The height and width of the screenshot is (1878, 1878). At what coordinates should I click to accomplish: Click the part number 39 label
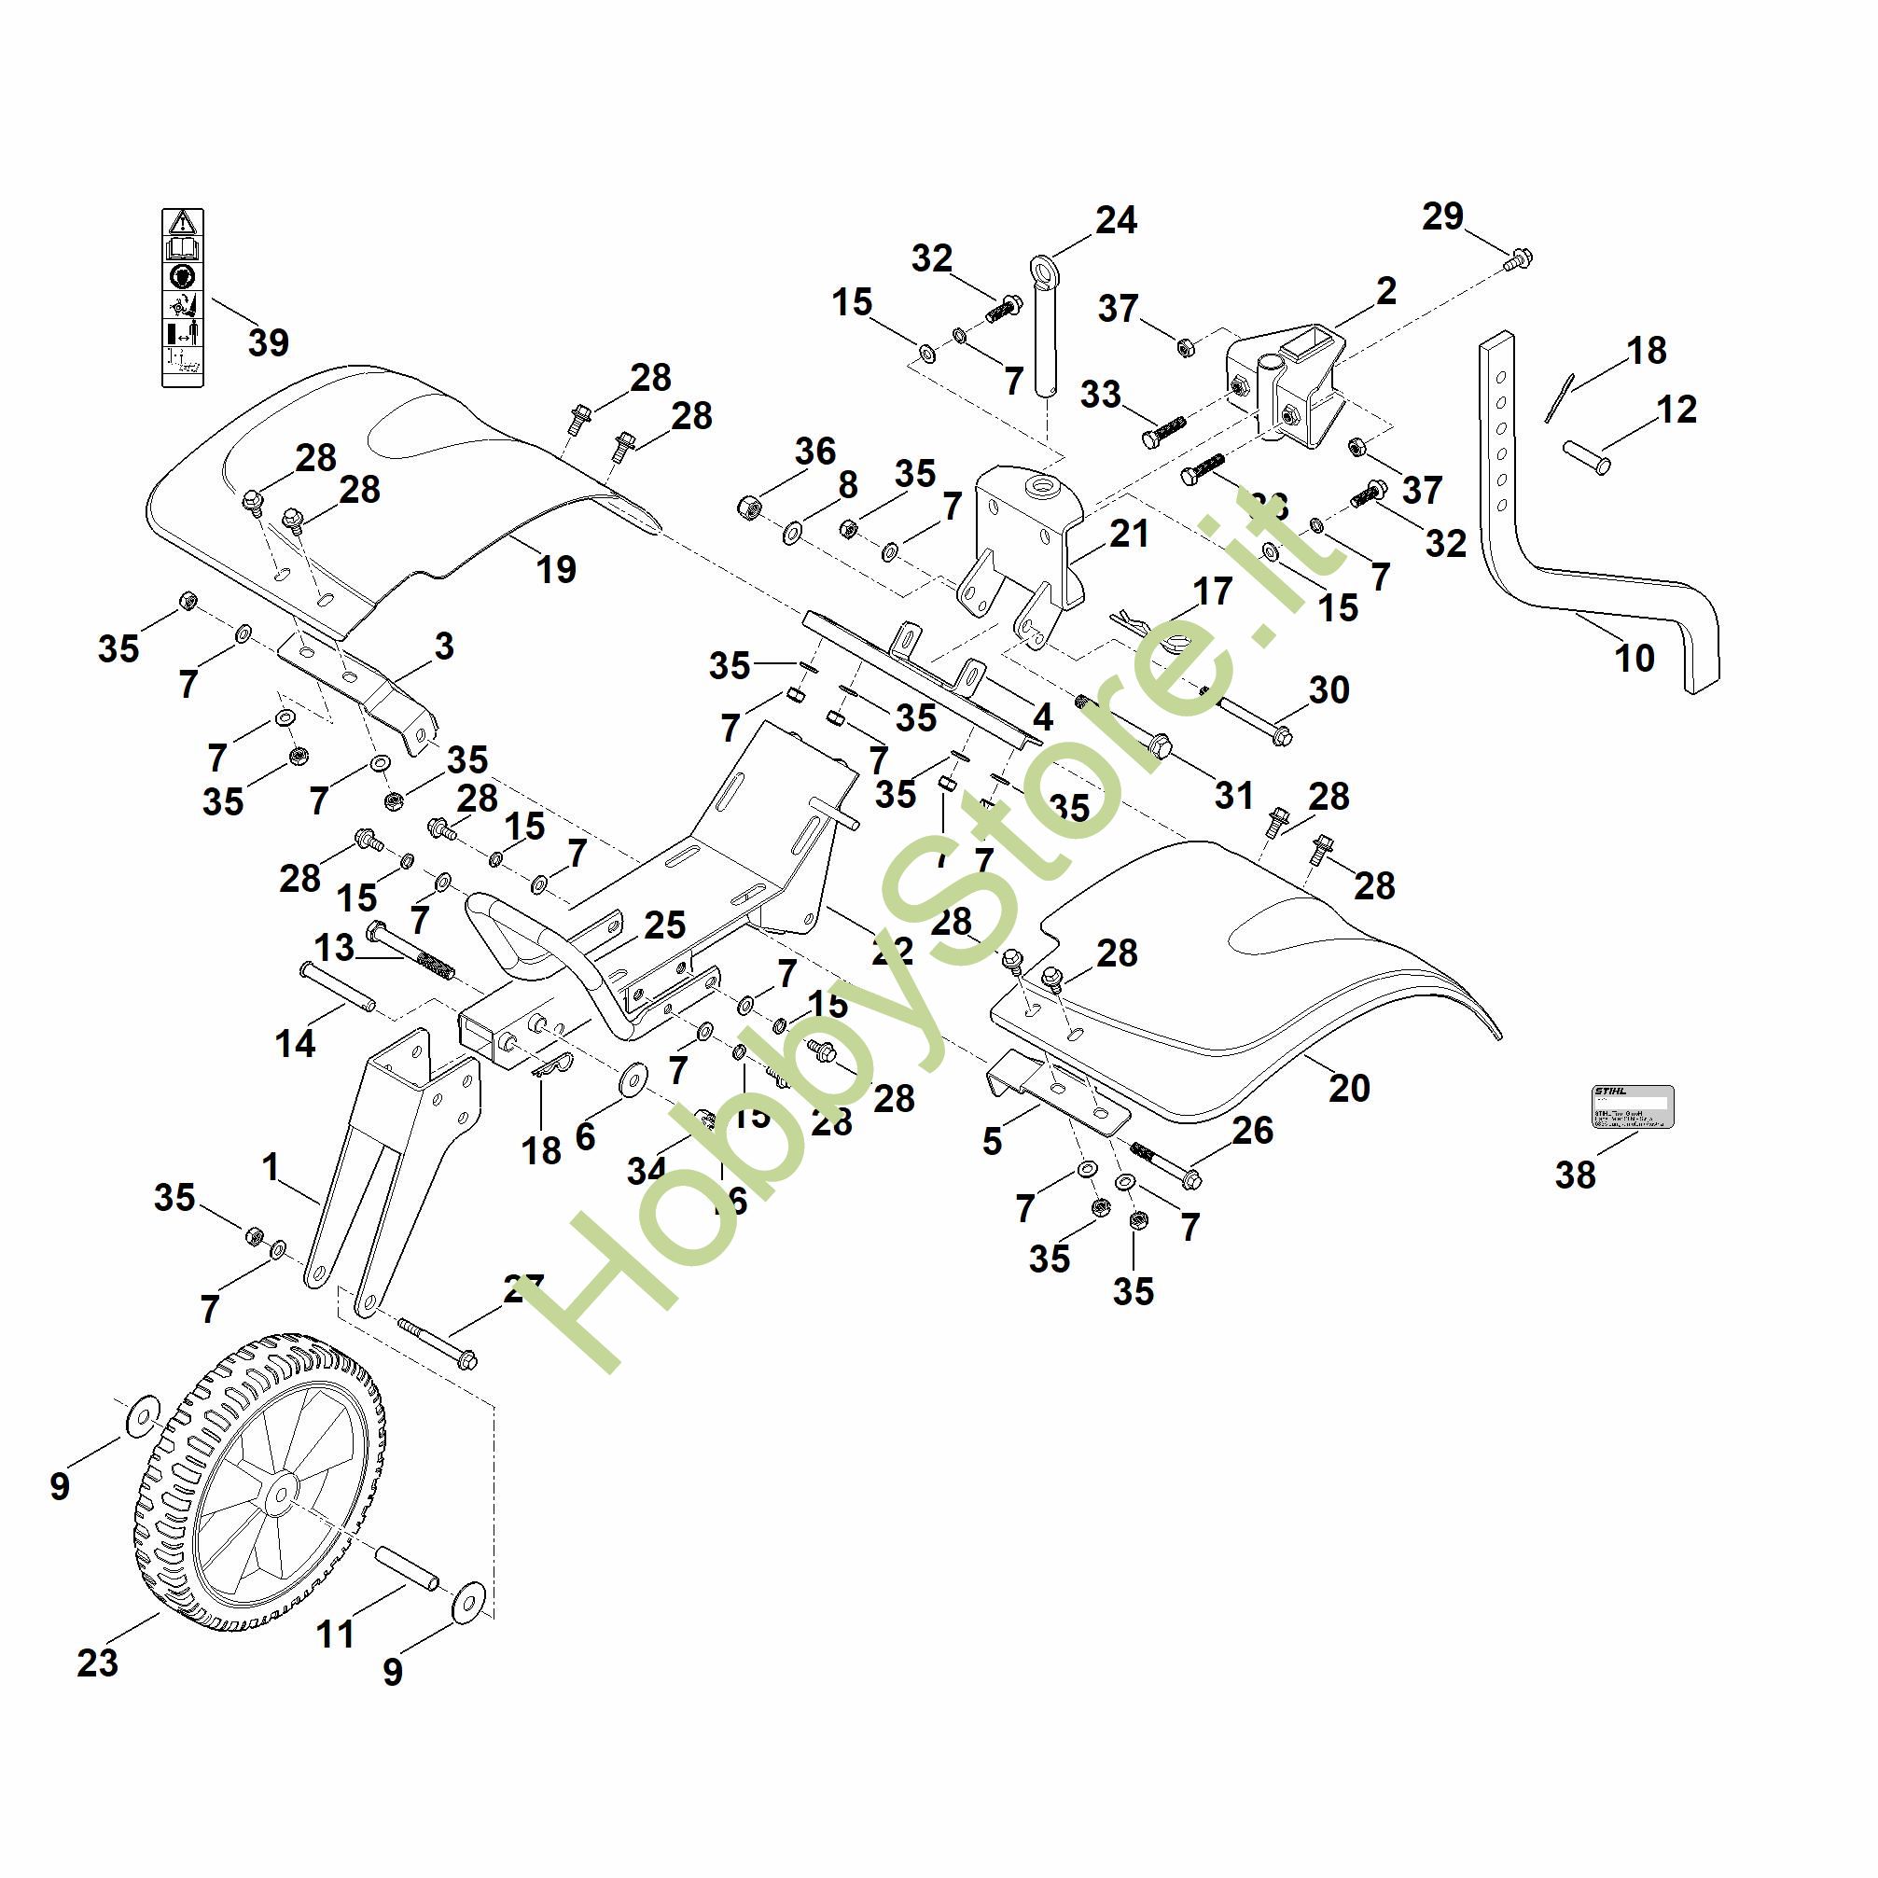pos(269,342)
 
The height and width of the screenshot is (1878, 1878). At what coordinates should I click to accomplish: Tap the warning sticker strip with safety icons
pos(183,298)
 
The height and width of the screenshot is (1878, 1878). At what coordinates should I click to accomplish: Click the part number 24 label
pos(1115,221)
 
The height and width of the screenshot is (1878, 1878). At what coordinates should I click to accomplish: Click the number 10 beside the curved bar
pos(1634,658)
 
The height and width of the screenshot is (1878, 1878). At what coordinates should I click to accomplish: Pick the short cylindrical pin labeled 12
pos(1585,457)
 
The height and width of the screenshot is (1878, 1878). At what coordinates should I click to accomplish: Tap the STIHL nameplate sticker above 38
pos(1633,1106)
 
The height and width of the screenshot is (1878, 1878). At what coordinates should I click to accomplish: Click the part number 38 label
pos(1576,1175)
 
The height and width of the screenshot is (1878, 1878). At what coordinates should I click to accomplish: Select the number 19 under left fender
pos(556,570)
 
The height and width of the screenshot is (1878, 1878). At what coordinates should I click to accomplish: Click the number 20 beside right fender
pos(1349,1088)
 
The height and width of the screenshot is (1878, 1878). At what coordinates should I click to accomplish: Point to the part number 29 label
pos(1442,216)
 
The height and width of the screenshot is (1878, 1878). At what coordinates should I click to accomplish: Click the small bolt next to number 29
pos(1518,258)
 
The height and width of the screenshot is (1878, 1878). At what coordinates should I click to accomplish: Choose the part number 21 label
pos(1129,534)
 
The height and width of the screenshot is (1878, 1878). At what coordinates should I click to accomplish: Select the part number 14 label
pos(296,1044)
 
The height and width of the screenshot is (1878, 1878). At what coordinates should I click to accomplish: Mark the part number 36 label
pos(814,451)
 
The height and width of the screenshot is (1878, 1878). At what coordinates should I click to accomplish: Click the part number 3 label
pos(444,646)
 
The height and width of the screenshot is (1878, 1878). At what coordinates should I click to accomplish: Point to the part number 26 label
pos(1252,1130)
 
